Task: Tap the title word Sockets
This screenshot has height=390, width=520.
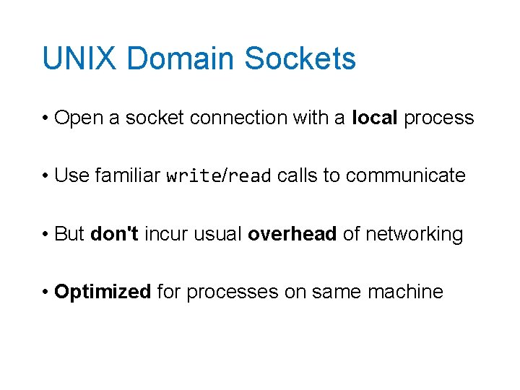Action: click(x=300, y=58)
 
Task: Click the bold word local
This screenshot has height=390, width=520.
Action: click(x=375, y=118)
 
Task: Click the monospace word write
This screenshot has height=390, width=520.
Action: click(x=193, y=175)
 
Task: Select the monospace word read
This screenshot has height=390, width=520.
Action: click(x=251, y=175)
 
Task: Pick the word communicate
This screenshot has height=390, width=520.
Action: click(x=406, y=175)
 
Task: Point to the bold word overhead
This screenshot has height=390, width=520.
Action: click(x=292, y=234)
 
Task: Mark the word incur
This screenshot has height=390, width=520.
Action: click(x=165, y=234)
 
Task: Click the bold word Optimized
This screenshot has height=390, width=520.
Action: click(x=103, y=292)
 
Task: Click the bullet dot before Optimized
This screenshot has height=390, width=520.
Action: click(x=45, y=292)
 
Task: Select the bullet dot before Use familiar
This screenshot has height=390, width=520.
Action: click(x=45, y=176)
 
